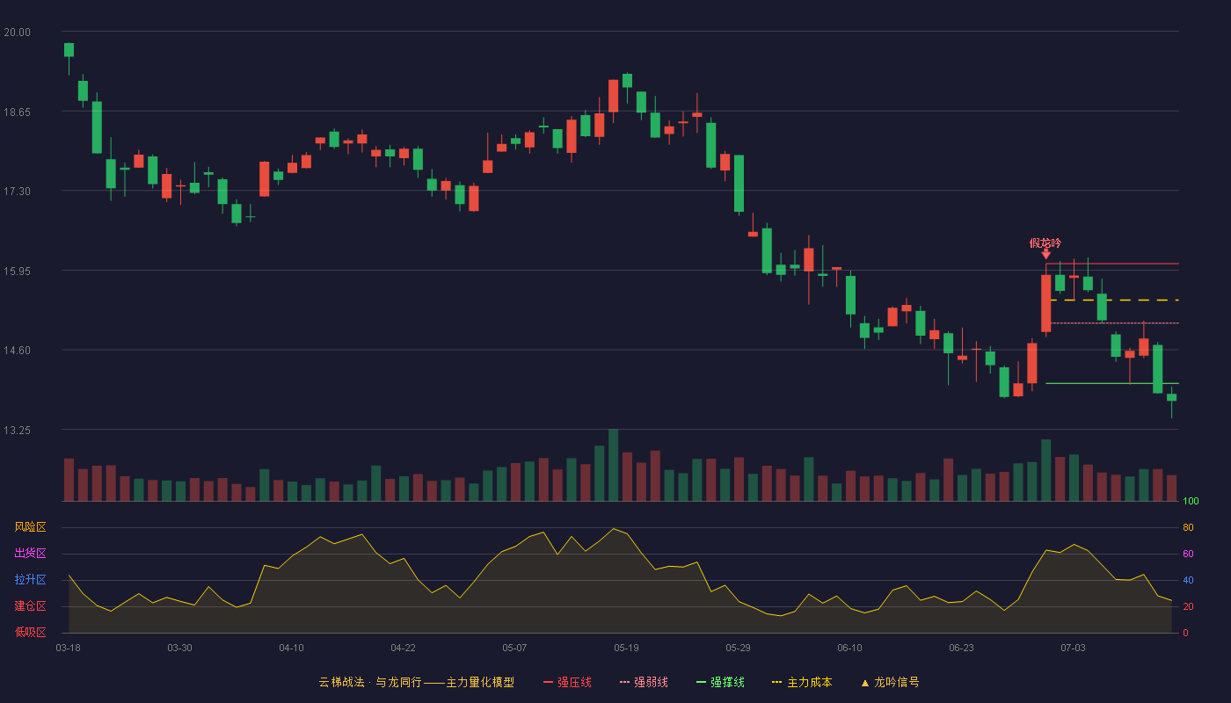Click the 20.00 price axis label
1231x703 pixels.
(17, 33)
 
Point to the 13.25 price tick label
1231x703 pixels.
(17, 430)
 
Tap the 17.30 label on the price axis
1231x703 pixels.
(17, 192)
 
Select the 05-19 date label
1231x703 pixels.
(626, 649)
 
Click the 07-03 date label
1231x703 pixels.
(1074, 649)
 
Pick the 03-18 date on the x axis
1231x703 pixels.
(69, 649)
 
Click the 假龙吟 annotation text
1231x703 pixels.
(1045, 243)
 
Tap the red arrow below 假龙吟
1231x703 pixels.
(1045, 254)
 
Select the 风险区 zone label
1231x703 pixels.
(30, 527)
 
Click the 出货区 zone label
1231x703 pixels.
(30, 553)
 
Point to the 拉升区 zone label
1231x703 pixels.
(30, 579)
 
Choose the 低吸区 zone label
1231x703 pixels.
(30, 632)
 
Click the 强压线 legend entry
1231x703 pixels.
(567, 682)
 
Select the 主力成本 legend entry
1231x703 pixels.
(802, 682)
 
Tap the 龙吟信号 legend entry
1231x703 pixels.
(890, 682)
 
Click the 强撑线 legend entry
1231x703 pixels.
(720, 682)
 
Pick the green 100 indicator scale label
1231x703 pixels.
(1191, 501)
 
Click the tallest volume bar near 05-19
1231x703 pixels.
(614, 465)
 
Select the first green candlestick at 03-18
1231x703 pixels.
(69, 50)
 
